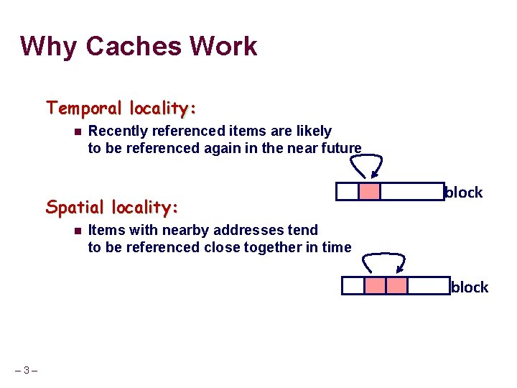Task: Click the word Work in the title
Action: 223,46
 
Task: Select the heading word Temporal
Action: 84,108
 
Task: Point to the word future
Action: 338,148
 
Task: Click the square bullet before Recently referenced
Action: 77,131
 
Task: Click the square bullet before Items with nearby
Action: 77,231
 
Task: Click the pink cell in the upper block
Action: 369,192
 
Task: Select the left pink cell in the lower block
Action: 375,286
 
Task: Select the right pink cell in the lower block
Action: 396,286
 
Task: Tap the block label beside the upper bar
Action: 464,193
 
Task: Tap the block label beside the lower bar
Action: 470,287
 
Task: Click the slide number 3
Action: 27,371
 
